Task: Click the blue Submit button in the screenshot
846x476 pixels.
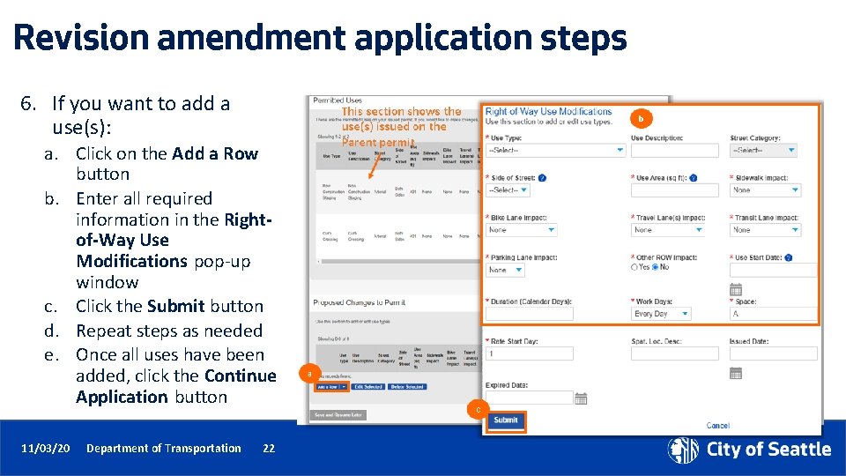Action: [x=506, y=420]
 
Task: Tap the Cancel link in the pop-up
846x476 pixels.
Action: [x=718, y=426]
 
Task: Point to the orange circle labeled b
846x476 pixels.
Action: [x=642, y=118]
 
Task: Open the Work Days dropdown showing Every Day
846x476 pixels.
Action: [x=667, y=313]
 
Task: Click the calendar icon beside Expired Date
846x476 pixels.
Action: [x=581, y=398]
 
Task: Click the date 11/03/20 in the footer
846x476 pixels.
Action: [x=46, y=449]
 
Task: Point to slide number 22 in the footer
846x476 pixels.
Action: [x=269, y=449]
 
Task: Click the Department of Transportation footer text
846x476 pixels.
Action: [x=163, y=449]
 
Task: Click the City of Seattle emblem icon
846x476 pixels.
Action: [x=683, y=450]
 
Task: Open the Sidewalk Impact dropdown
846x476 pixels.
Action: [x=763, y=190]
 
